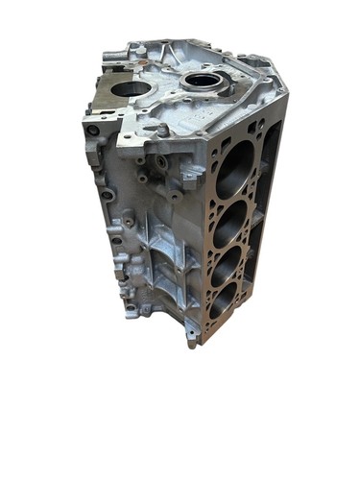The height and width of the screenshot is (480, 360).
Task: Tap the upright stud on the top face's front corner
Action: point(163,129)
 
